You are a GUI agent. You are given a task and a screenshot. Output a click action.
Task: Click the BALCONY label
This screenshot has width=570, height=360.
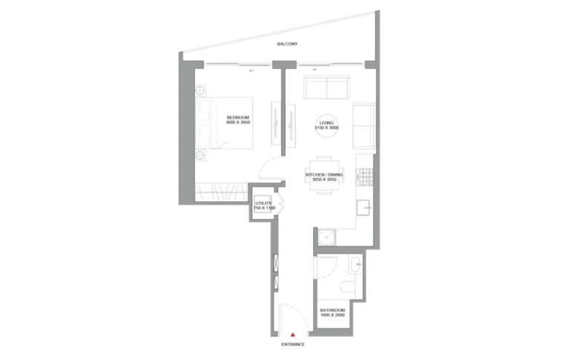click(288, 45)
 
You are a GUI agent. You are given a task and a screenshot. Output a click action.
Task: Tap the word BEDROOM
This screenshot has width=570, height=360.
click(238, 117)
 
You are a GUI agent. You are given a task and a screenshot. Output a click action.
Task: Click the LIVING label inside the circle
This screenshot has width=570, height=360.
click(326, 123)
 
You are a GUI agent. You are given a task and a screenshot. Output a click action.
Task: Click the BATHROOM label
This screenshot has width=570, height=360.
click(332, 310)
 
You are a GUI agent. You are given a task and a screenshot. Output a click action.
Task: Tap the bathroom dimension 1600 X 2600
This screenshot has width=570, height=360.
click(332, 315)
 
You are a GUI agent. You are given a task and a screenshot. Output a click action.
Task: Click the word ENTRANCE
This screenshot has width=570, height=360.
click(293, 345)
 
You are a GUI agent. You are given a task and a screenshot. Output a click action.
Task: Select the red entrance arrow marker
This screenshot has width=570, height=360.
click(294, 335)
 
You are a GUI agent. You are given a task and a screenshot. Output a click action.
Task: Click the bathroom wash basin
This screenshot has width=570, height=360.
click(356, 262)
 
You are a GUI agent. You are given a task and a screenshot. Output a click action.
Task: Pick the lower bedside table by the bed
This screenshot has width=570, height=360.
click(202, 155)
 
